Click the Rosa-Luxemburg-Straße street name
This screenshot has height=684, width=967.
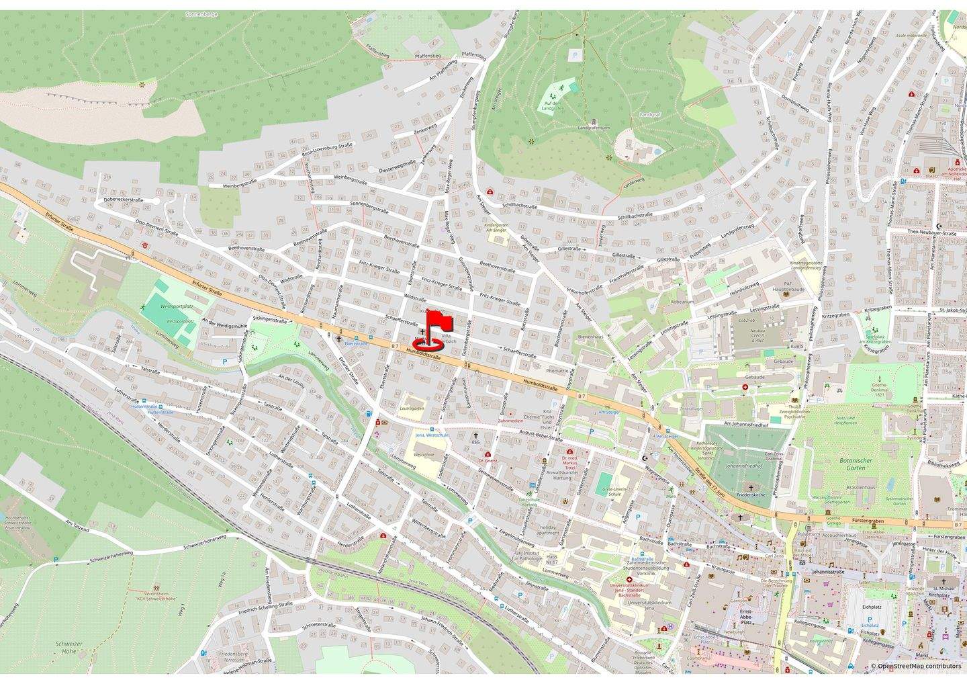[x=327, y=149]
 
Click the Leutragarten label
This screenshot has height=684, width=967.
[x=413, y=409]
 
